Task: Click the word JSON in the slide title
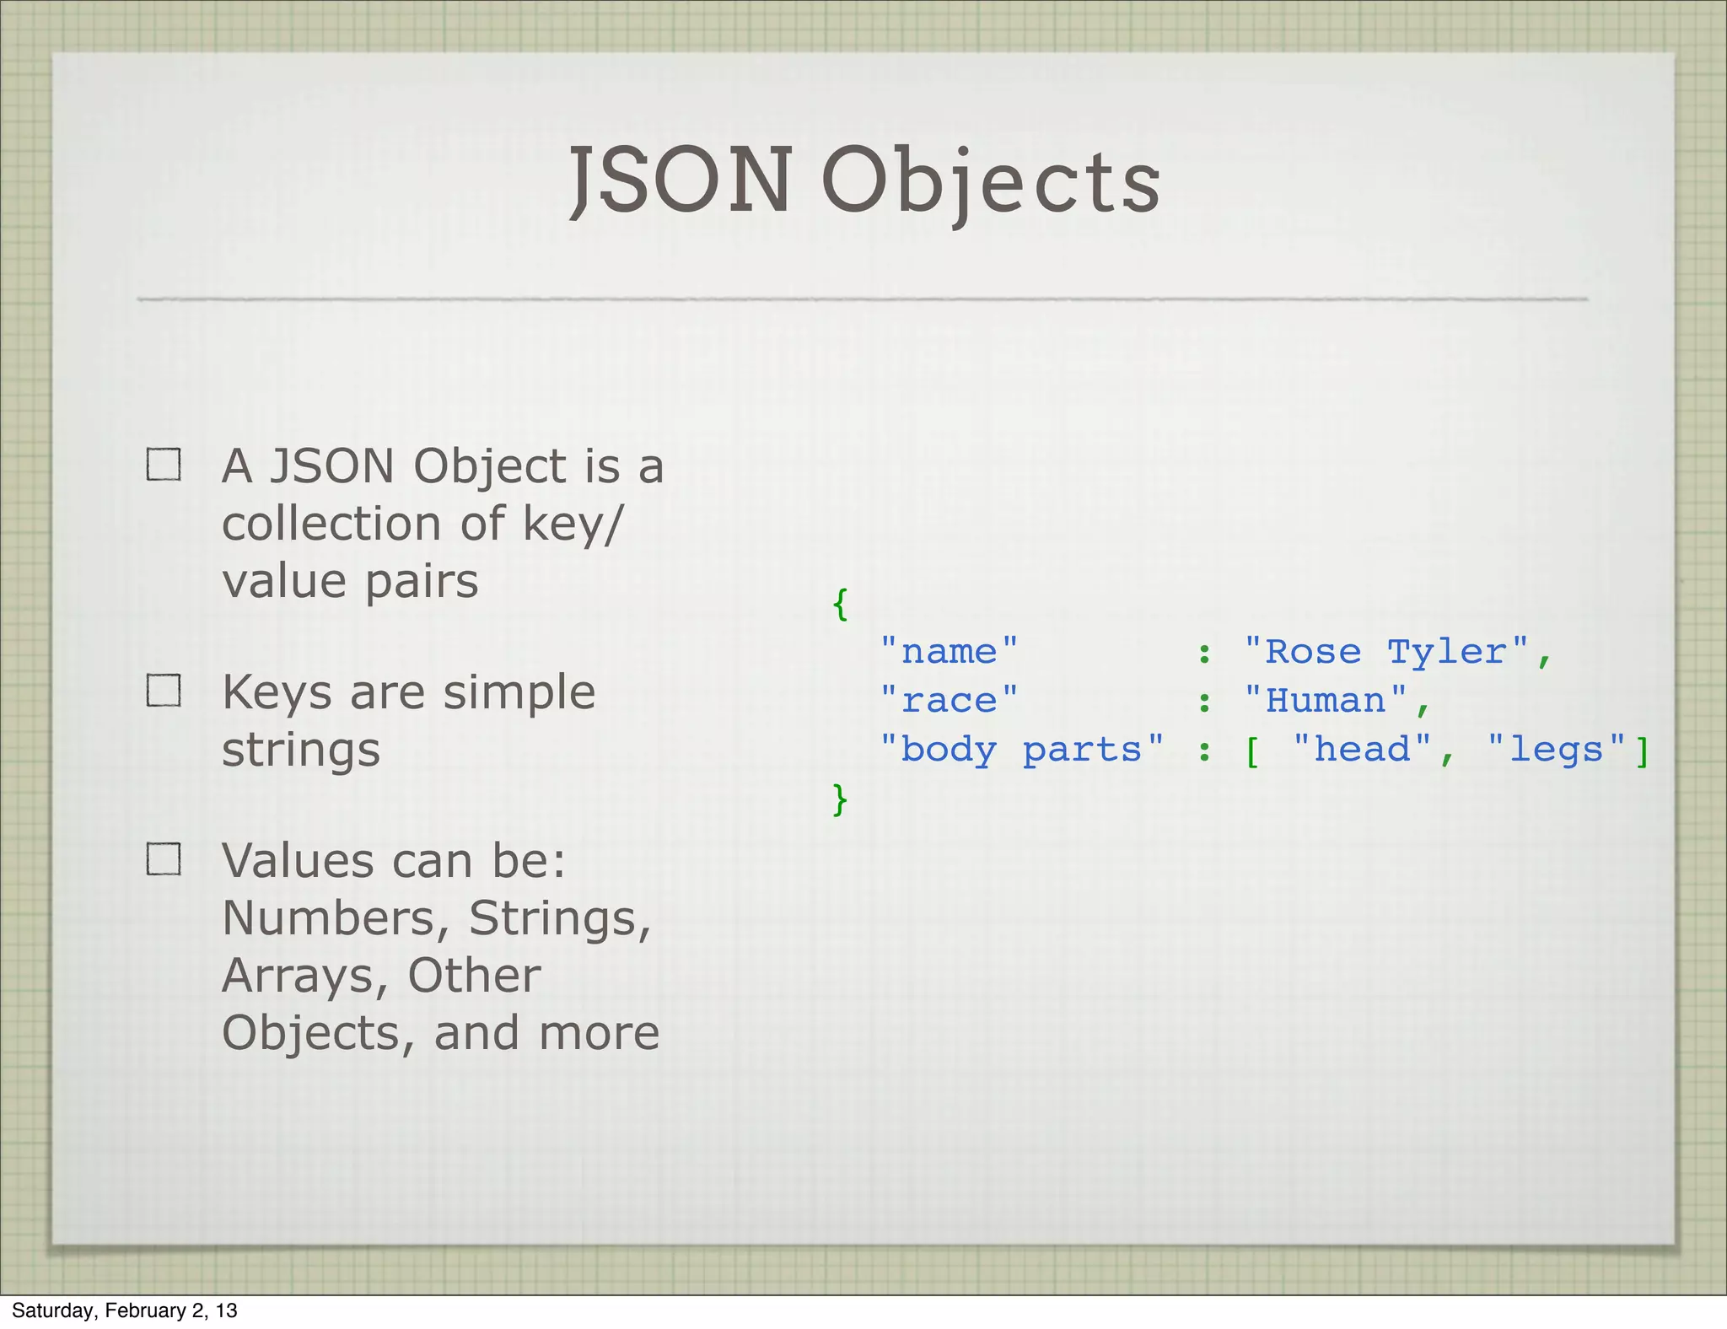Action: click(680, 180)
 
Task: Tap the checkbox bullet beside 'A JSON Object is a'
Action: click(164, 464)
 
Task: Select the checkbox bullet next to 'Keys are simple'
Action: click(164, 690)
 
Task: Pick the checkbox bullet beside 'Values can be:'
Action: click(164, 858)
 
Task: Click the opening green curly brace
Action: click(840, 604)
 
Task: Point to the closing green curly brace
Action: click(840, 799)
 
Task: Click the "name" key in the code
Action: click(949, 652)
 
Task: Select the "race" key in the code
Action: click(949, 701)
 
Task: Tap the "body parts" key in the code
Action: click(1021, 750)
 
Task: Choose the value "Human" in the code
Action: click(1325, 701)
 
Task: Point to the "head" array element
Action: click(1361, 750)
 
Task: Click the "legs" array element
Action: click(1556, 750)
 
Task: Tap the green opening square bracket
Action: click(1253, 751)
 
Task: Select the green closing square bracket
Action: click(1642, 751)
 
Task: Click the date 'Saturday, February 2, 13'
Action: click(125, 1310)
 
